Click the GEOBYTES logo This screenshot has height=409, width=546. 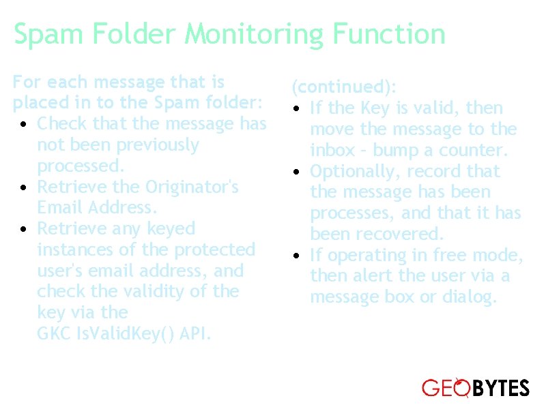pos(476,389)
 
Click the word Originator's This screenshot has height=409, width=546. pos(192,187)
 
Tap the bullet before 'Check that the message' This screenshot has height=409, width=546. pos(23,125)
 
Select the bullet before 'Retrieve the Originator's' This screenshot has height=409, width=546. pos(23,188)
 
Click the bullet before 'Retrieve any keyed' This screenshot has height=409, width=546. pos(23,230)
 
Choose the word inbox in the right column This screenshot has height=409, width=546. pos(331,150)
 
